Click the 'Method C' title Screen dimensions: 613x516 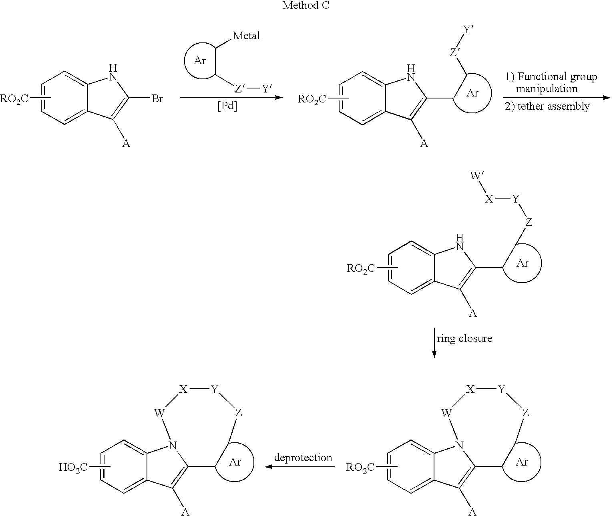(306, 5)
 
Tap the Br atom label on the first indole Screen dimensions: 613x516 (157, 98)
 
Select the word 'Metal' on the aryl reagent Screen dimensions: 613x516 (246, 36)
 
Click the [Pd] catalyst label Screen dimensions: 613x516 (227, 106)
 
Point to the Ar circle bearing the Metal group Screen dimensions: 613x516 (185, 61)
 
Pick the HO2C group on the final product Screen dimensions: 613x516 (73, 467)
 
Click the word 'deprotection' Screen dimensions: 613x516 (303, 458)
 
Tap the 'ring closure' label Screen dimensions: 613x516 (464, 338)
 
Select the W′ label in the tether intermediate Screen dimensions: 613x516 (477, 175)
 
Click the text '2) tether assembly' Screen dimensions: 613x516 (547, 106)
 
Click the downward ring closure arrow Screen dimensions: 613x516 (434, 343)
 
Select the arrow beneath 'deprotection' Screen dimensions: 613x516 (299, 467)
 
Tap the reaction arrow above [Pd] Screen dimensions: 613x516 (231, 97)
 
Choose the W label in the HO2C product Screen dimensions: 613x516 (159, 413)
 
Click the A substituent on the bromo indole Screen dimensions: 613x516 (126, 143)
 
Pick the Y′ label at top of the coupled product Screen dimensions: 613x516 (468, 30)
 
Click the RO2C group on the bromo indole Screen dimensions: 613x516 (14, 98)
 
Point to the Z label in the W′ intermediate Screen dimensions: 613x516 (529, 222)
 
